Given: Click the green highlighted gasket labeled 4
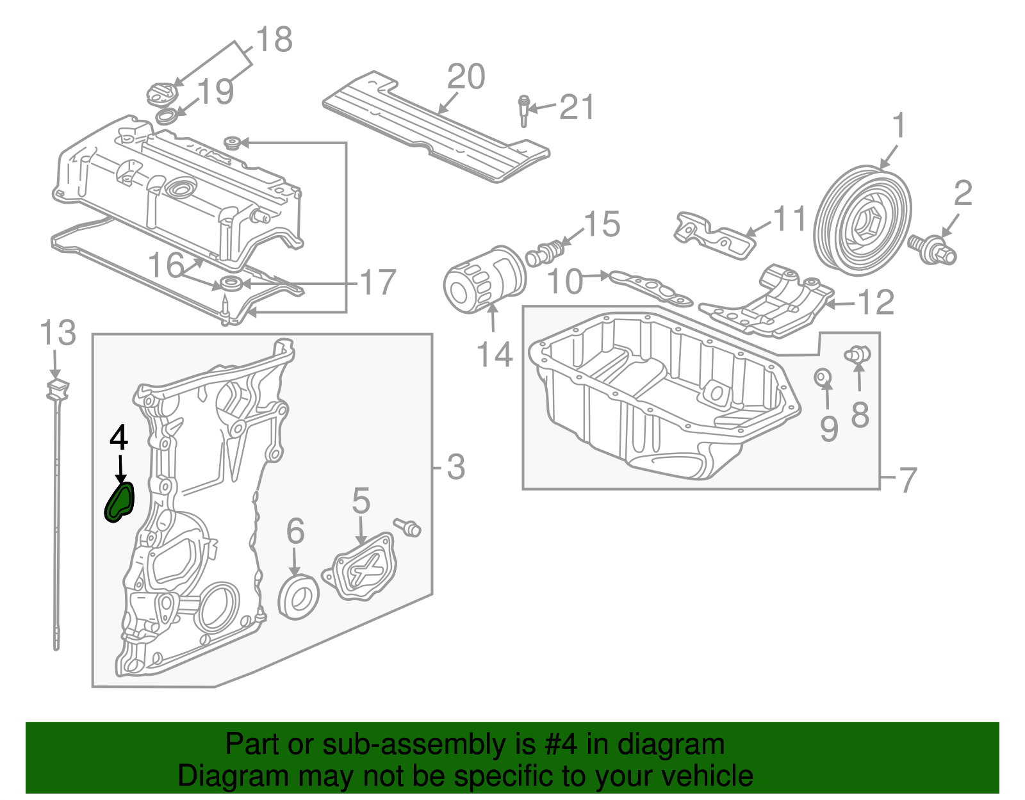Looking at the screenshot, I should [120, 502].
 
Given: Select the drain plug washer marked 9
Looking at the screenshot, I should [823, 377].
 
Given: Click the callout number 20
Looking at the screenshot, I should [466, 78].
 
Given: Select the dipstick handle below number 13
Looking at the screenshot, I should [58, 388].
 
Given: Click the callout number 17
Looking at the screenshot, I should [378, 282].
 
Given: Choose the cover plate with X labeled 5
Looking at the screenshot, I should [363, 567].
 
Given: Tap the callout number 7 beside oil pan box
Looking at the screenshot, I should [908, 479].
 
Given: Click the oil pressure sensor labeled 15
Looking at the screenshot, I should [545, 252].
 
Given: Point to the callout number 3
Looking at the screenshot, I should [455, 468].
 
